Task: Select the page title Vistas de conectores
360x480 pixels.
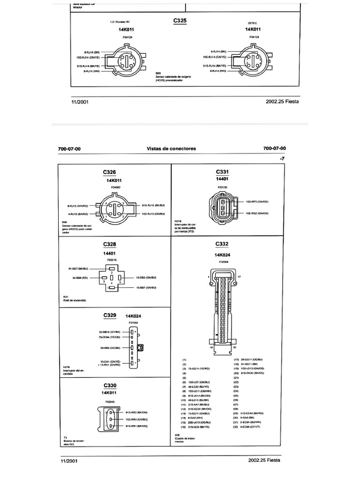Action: click(172, 149)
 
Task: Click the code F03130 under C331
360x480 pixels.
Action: click(222, 187)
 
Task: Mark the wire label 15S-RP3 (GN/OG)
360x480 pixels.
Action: click(257, 202)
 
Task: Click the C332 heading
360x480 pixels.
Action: click(222, 244)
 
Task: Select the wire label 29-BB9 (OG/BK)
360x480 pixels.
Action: click(110, 347)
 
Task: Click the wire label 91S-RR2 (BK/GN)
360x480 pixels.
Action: click(136, 412)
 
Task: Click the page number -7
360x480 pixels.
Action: click(282, 159)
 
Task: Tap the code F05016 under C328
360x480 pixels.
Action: click(112, 259)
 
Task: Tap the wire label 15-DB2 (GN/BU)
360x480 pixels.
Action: click(146, 278)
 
